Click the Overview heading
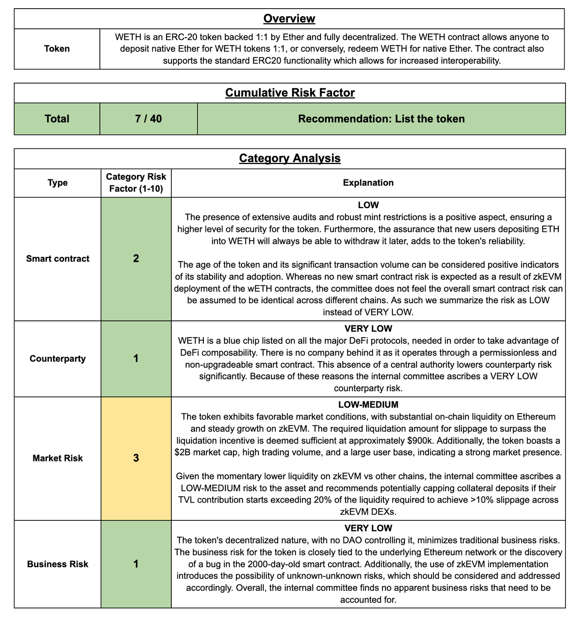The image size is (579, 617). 289,19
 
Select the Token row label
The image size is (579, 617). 57,49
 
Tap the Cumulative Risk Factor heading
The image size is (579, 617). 290,93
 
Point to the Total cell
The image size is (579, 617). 57,119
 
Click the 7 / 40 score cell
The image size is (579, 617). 148,119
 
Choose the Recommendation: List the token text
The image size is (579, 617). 381,119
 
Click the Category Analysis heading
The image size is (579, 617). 290,158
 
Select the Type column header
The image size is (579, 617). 58,183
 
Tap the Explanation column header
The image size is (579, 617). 368,183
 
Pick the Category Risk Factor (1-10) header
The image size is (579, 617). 136,183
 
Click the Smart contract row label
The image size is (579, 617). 58,259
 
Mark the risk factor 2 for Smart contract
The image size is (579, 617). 136,259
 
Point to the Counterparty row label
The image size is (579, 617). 58,359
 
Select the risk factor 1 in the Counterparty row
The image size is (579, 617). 136,359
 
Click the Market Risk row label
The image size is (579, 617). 58,458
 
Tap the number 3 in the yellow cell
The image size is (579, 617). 136,458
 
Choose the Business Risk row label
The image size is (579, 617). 58,564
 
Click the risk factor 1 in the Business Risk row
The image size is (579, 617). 136,564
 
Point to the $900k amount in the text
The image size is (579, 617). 421,441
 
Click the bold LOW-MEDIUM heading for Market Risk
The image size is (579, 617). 368,405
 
